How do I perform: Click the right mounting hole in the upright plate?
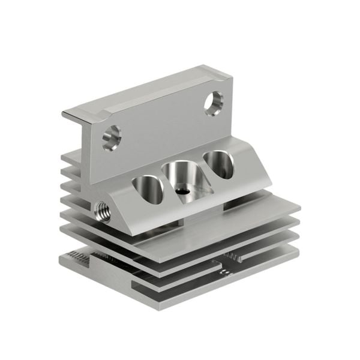[213, 103]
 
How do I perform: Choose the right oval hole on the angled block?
[218, 164]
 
